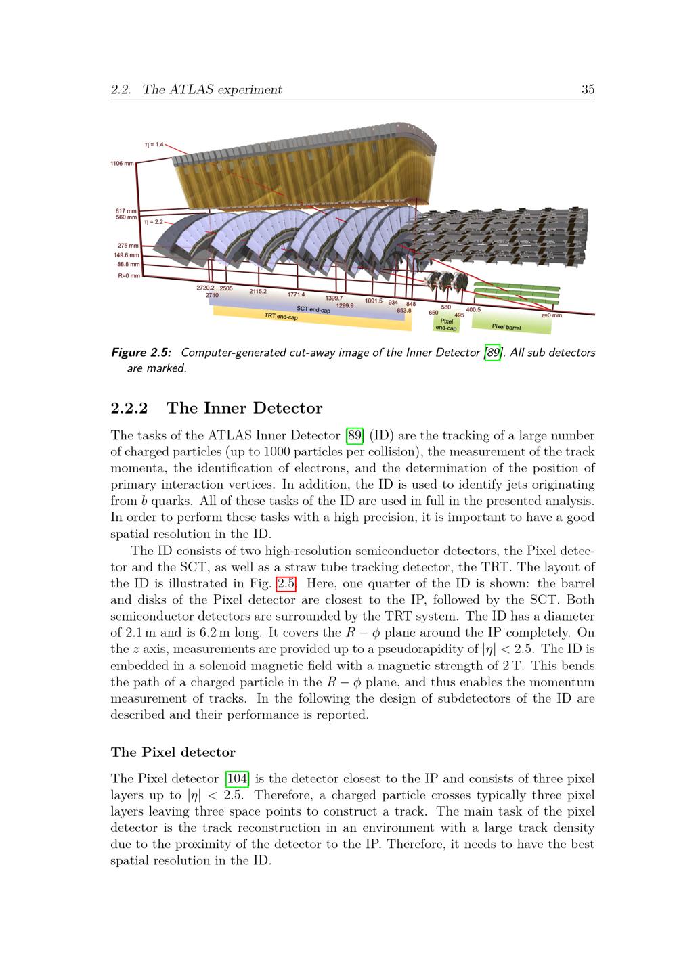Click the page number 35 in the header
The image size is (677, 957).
coord(588,89)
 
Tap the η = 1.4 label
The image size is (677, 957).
coord(154,144)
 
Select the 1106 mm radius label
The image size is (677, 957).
coord(123,164)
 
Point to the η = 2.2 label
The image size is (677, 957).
coord(153,221)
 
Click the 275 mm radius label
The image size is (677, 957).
coord(128,246)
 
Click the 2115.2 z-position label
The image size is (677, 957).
coord(258,291)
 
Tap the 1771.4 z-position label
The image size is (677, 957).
coord(296,294)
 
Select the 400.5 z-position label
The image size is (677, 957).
coord(473,309)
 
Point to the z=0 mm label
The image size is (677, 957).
coord(551,315)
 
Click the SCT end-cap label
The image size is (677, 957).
coord(313,309)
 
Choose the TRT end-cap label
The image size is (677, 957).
coord(280,316)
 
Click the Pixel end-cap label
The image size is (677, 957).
coord(446,325)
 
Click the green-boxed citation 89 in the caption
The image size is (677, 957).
coord(494,353)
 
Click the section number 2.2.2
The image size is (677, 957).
coord(130,408)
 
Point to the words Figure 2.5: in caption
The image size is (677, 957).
coord(141,353)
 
